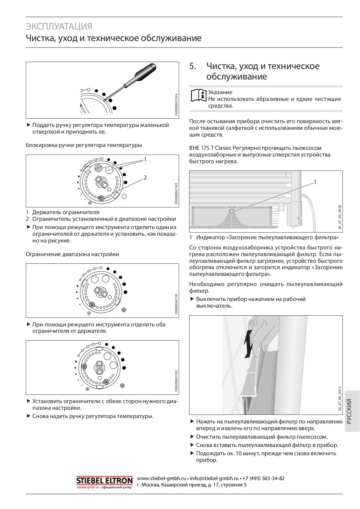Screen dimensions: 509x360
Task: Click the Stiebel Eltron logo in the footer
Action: point(104,481)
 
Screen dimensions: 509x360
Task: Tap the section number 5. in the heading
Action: point(192,66)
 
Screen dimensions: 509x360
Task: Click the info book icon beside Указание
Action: point(198,95)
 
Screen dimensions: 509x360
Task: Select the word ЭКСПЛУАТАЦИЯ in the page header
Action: point(59,26)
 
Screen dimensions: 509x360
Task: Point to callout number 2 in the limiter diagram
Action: point(145,178)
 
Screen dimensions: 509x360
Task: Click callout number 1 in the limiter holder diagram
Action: point(145,159)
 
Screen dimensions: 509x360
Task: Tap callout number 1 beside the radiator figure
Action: point(315,182)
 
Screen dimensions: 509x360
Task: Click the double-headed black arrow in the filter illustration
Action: point(248,344)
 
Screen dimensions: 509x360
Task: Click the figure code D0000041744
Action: point(177,105)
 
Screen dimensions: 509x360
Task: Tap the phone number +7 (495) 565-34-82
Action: point(263,478)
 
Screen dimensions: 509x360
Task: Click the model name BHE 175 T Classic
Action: point(210,148)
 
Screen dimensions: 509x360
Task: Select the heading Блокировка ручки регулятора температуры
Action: point(84,145)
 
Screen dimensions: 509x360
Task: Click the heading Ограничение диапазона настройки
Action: point(72,254)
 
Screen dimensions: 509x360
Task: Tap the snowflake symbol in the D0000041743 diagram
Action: point(90,203)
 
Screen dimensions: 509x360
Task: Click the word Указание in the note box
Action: point(220,92)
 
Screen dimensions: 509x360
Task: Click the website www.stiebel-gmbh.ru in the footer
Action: point(161,478)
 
